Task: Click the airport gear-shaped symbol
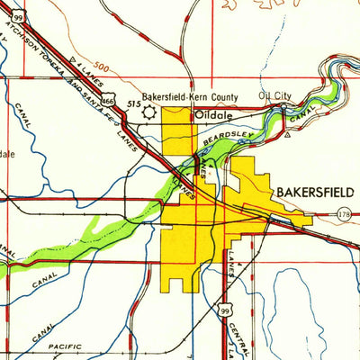click(x=148, y=112)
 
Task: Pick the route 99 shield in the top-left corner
click(x=18, y=16)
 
